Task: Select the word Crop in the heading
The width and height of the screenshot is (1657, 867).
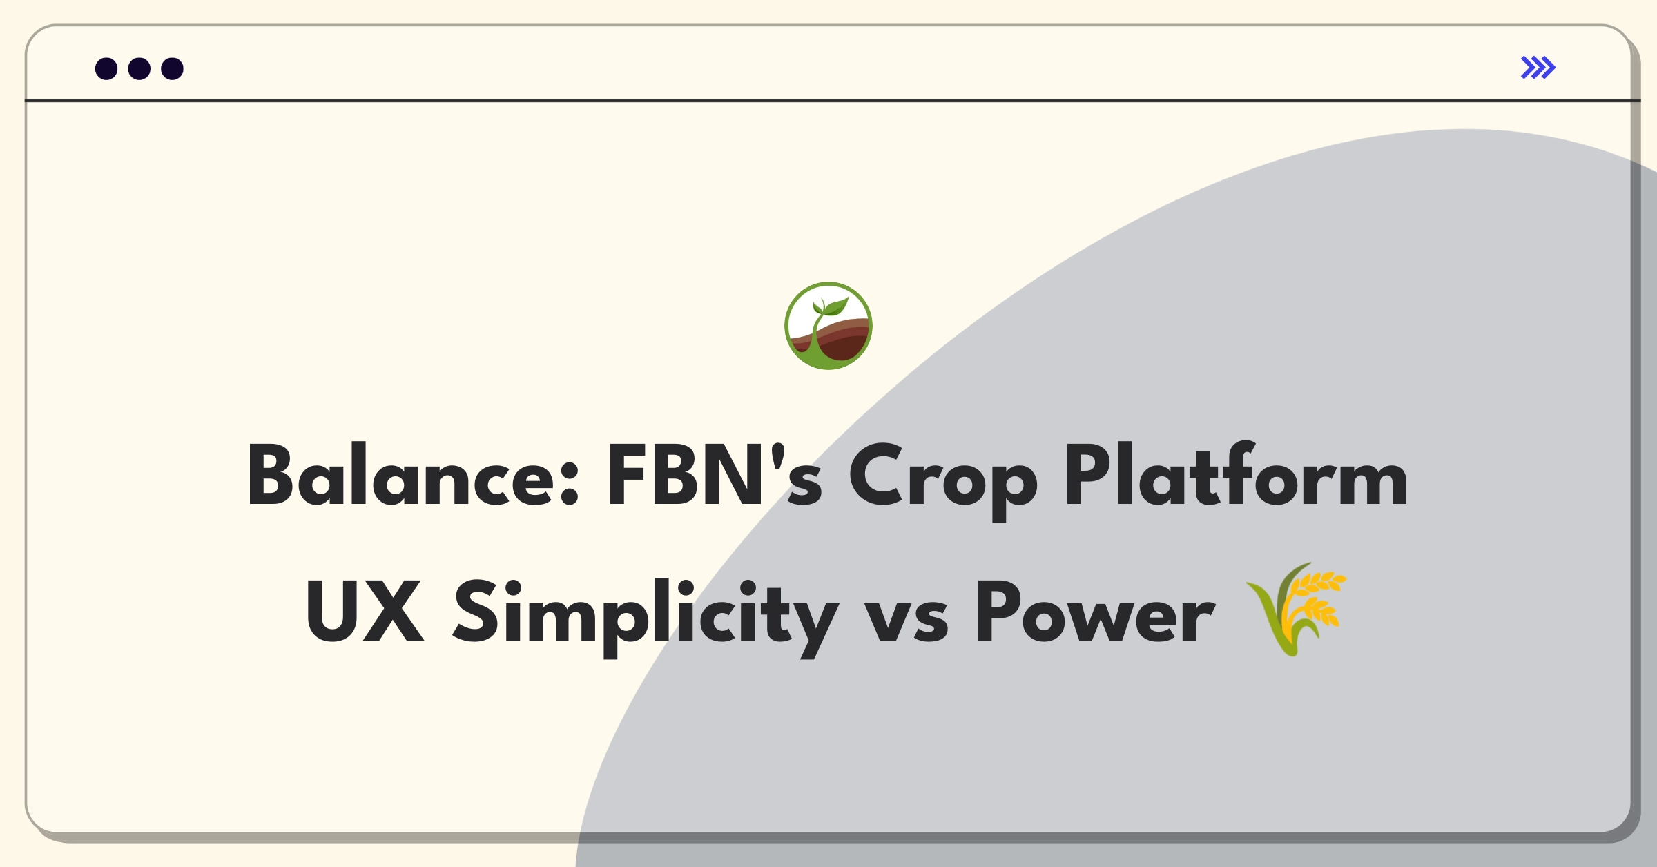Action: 942,480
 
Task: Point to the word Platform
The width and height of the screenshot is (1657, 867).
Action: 1236,476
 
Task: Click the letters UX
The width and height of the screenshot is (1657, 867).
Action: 365,612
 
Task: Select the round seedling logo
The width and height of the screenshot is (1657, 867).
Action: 828,326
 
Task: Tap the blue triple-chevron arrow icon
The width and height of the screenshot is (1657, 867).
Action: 1538,68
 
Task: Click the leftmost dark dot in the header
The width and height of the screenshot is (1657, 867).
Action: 106,69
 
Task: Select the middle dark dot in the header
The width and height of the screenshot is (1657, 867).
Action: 139,69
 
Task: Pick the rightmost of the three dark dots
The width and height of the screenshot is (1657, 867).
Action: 173,69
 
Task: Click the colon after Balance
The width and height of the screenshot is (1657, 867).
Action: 570,483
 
